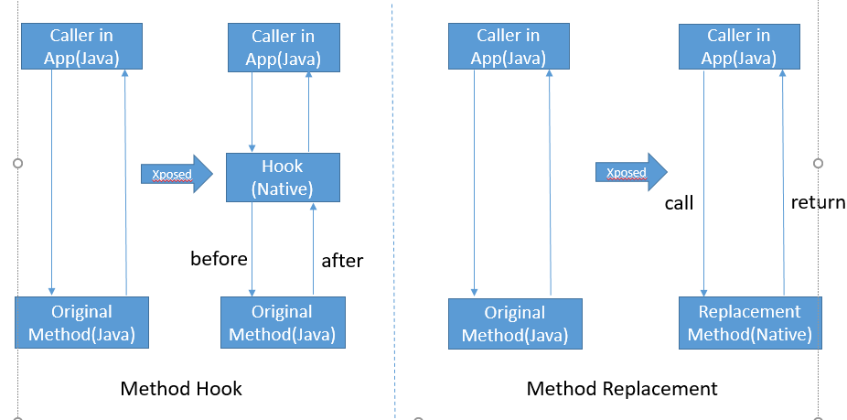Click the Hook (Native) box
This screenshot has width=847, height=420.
pyautogui.click(x=283, y=178)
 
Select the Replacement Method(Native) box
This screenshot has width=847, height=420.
pyautogui.click(x=749, y=323)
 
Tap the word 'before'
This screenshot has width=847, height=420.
pyautogui.click(x=219, y=259)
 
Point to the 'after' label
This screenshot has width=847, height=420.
pyautogui.click(x=342, y=261)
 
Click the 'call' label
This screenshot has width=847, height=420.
pyautogui.click(x=679, y=203)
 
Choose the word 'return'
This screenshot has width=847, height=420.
pyautogui.click(x=818, y=202)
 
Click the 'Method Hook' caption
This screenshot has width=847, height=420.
pyautogui.click(x=181, y=389)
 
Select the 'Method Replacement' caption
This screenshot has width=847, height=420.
pyautogui.click(x=622, y=389)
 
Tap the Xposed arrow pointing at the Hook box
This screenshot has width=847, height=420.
pyautogui.click(x=176, y=173)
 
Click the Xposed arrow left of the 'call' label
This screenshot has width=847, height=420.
pyautogui.click(x=631, y=172)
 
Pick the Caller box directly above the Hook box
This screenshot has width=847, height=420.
pyautogui.click(x=283, y=48)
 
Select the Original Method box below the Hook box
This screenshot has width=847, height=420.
pyautogui.click(x=283, y=323)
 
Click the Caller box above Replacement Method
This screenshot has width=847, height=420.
pyautogui.click(x=737, y=47)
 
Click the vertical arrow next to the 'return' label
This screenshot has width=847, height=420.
pyautogui.click(x=783, y=183)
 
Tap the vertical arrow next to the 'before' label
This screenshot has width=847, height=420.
pyautogui.click(x=252, y=249)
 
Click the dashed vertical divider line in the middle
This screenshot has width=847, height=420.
pyautogui.click(x=393, y=210)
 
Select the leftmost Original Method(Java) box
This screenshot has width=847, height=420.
pyautogui.click(x=81, y=323)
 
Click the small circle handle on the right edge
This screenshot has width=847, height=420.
pyautogui.click(x=819, y=164)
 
